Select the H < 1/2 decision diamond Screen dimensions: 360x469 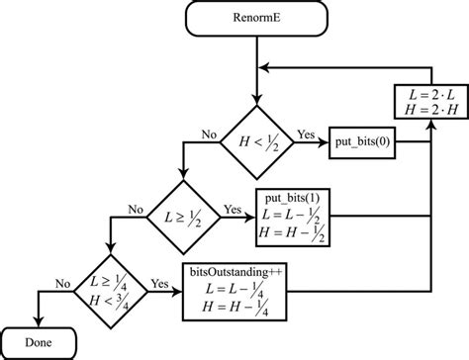(257, 144)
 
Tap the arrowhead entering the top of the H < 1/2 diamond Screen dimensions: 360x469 (257, 102)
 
